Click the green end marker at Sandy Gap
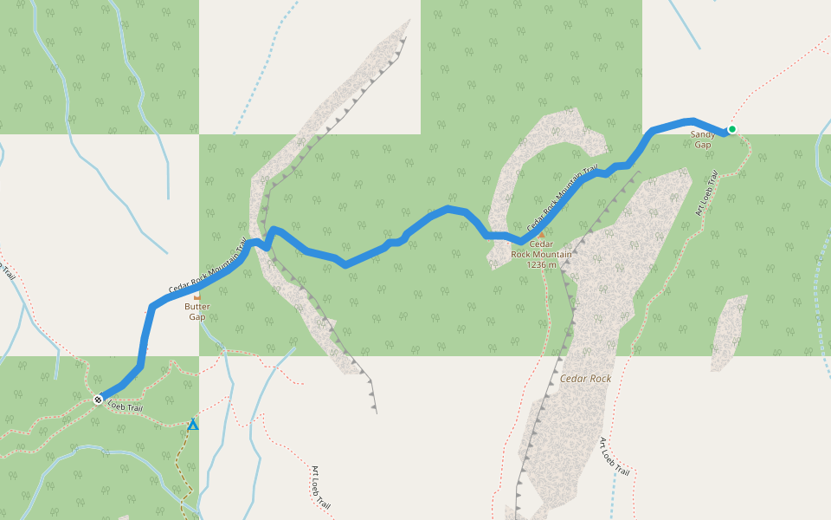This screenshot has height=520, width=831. (x=731, y=129)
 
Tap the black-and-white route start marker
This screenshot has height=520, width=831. (x=98, y=400)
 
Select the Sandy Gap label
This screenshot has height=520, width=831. (x=703, y=140)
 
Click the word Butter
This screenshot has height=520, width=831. (x=197, y=307)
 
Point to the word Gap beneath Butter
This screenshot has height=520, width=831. (x=197, y=317)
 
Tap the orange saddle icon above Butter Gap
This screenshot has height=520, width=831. (x=196, y=297)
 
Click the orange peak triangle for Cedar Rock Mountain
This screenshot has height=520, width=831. (x=541, y=234)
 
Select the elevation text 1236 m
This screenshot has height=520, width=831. (x=541, y=264)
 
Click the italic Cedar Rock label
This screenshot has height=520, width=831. (x=585, y=379)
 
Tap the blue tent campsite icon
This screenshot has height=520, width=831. (x=193, y=425)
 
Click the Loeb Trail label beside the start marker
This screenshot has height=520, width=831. (x=125, y=406)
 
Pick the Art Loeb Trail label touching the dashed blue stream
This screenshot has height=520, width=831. (x=614, y=456)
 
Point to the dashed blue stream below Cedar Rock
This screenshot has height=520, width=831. (x=612, y=494)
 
